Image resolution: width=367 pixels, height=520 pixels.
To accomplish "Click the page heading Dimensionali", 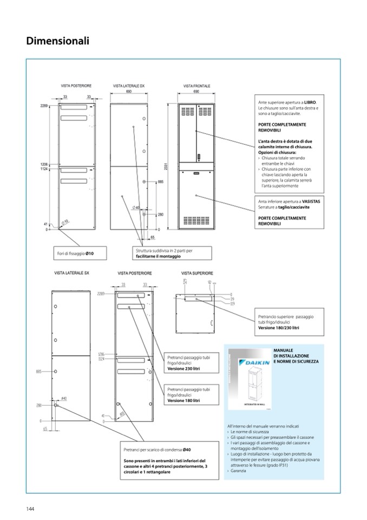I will (57, 41).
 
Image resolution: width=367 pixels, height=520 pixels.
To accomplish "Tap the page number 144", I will (30, 508).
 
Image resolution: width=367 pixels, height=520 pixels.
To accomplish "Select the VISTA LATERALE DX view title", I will (129, 86).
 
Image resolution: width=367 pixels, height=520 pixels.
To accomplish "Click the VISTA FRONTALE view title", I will (196, 86).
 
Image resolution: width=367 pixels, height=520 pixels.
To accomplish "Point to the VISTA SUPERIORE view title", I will (197, 273).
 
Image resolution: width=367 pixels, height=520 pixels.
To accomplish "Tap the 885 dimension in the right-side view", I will (160, 182).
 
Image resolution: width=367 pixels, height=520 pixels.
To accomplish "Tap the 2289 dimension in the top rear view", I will (44, 105).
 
